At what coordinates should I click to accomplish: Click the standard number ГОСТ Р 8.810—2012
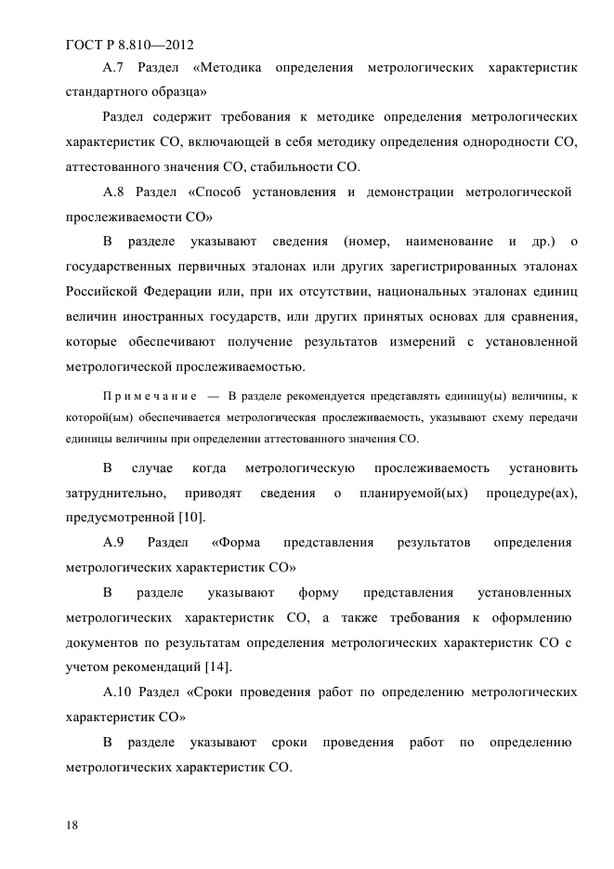click(x=130, y=43)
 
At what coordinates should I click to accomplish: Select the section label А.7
click(x=112, y=68)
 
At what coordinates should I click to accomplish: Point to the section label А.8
click(x=112, y=193)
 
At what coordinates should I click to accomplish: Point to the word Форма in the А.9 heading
click(x=236, y=542)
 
